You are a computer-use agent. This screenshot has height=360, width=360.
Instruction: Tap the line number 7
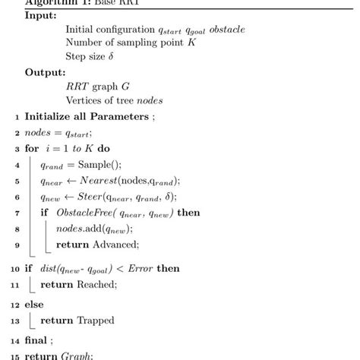coord(17,213)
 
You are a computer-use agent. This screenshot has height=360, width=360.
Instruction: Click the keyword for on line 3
coord(32,148)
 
